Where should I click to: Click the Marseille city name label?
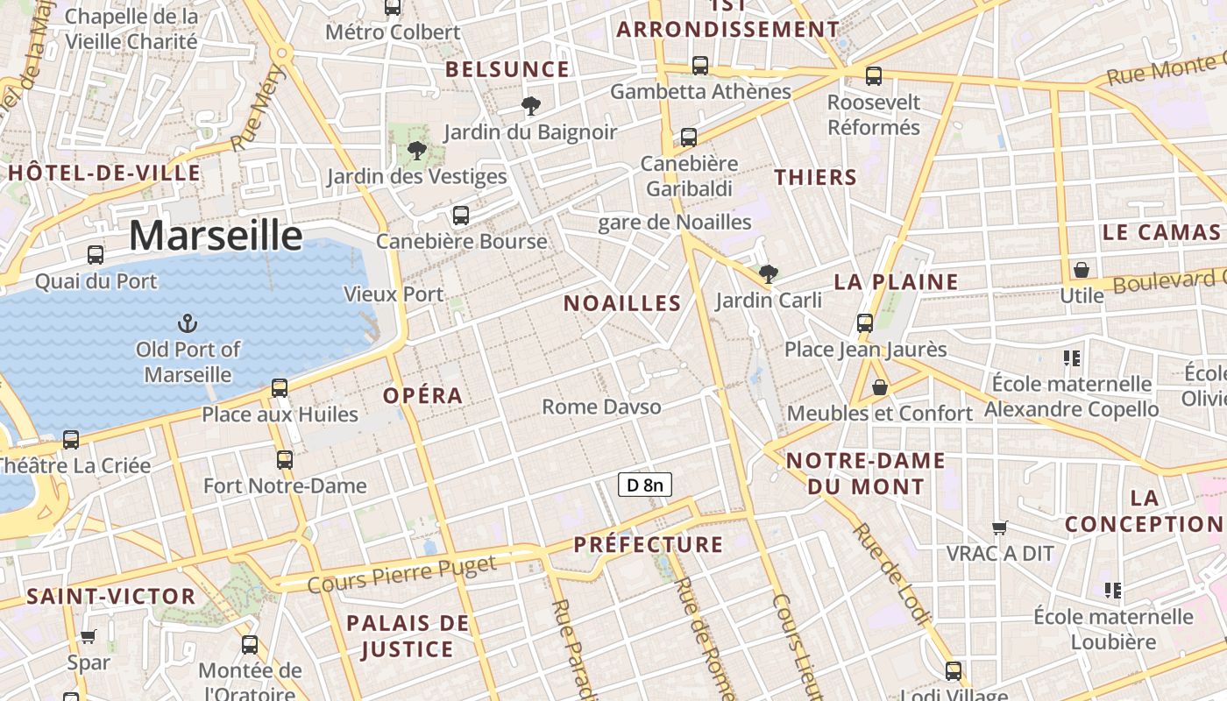tap(216, 236)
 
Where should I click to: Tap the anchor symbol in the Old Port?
tap(187, 324)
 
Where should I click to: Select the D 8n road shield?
tap(645, 485)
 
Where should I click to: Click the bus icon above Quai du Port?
tap(96, 255)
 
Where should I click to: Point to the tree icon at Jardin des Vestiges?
tap(417, 150)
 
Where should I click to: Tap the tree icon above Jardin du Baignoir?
tap(530, 106)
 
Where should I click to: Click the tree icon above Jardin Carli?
tap(769, 274)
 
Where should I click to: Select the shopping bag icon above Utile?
tap(1082, 269)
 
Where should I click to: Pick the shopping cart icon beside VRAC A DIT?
tap(999, 528)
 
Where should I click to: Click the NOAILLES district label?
tap(622, 303)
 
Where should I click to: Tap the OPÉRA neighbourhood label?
tap(422, 395)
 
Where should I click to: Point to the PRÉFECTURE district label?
tap(649, 544)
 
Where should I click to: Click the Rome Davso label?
tap(601, 407)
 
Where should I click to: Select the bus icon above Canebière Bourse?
tap(461, 215)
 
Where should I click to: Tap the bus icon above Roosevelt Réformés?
tap(874, 76)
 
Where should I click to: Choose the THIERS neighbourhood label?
tap(815, 177)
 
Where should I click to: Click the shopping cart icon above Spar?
tap(88, 637)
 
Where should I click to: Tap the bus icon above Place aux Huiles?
tap(280, 387)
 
